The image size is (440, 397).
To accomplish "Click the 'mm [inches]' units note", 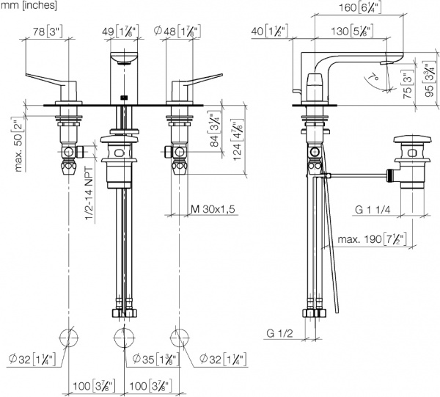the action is pyautogui.click(x=29, y=5).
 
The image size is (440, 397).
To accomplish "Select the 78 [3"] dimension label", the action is pyautogui.click(x=48, y=31).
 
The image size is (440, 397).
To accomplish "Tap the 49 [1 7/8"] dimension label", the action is pyautogui.click(x=120, y=31).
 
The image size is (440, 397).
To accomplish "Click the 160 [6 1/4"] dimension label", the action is pyautogui.click(x=360, y=7).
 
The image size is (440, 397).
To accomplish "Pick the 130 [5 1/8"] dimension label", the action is pyautogui.click(x=352, y=31).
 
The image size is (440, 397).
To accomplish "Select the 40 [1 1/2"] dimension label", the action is pyautogui.click(x=270, y=31).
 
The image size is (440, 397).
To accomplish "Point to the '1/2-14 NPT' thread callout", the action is pyautogui.click(x=89, y=194).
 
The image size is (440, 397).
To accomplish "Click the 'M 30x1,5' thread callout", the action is pyautogui.click(x=213, y=209).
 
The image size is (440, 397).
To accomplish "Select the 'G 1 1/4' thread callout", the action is pyautogui.click(x=373, y=209).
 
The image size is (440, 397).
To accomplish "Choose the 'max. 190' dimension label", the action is pyautogui.click(x=372, y=239).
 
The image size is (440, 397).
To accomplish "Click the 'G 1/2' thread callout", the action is pyautogui.click(x=279, y=333).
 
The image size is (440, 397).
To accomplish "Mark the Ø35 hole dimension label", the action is pyautogui.click(x=155, y=359).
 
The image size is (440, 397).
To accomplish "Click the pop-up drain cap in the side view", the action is pyautogui.click(x=412, y=140).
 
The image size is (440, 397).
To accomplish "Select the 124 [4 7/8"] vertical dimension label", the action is pyautogui.click(x=238, y=139).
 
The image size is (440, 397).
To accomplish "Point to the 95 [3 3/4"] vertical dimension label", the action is pyautogui.click(x=428, y=79).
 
